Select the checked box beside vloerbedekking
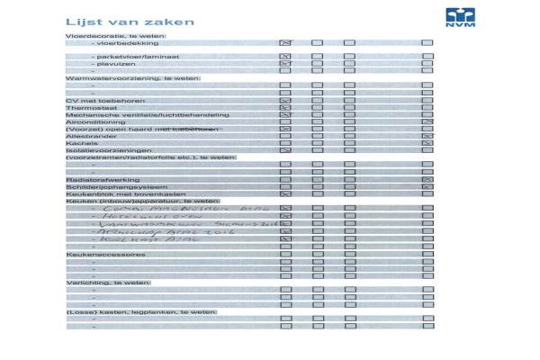285,42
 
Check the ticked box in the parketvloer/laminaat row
285,57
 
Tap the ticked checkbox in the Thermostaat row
285,107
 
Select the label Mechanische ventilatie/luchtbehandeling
135,114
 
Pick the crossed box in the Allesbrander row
427,136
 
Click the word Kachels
81,143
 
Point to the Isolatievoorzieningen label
102,150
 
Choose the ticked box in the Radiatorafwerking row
427,179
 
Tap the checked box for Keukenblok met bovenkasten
285,193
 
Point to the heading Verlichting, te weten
108,283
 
